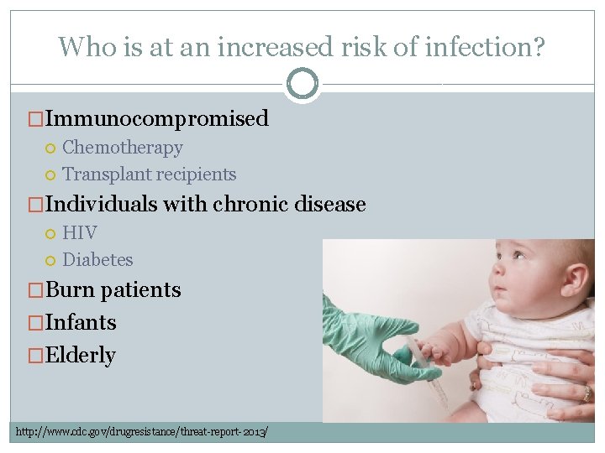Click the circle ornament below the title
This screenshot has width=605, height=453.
pos(302,84)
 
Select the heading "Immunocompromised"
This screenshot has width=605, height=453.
pos(157,118)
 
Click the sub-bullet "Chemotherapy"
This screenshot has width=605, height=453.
pos(123,148)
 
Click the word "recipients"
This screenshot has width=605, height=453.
pos(194,174)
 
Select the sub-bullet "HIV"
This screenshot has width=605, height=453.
pos(80,232)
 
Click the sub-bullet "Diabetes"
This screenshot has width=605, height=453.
pos(97,260)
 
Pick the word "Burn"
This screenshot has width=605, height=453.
pos(71,289)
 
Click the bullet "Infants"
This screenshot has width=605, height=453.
pos(81,322)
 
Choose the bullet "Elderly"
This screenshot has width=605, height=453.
pos(80,355)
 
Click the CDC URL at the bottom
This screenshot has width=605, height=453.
pos(142,431)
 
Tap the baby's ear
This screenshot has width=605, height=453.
pos(576,277)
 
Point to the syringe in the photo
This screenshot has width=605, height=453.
pos(429,373)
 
